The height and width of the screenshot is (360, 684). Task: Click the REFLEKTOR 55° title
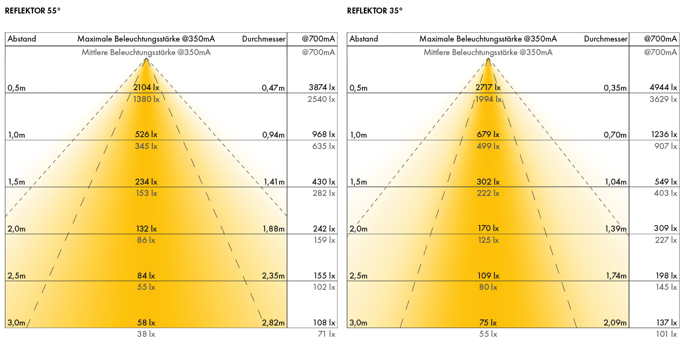(32, 10)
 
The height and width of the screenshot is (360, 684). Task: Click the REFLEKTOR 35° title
(375, 10)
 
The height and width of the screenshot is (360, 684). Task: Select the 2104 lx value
(146, 87)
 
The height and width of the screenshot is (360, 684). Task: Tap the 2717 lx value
(487, 87)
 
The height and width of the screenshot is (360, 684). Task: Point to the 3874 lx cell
(322, 87)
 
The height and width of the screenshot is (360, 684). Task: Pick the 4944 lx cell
(663, 87)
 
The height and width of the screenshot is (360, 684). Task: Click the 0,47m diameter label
(273, 88)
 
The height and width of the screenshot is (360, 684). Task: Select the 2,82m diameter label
(273, 323)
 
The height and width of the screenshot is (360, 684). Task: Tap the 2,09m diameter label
(615, 323)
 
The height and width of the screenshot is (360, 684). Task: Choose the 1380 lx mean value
(146, 99)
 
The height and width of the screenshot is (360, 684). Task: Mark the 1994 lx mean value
(487, 99)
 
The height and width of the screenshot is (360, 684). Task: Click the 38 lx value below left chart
(146, 334)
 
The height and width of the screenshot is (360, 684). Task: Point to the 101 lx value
(666, 334)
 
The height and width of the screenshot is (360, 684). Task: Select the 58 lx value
(146, 323)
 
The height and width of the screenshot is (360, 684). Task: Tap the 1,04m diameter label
(615, 182)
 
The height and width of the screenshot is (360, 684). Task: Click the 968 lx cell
(324, 134)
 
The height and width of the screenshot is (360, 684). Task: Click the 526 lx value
(146, 134)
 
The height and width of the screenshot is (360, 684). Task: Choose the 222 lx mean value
(487, 193)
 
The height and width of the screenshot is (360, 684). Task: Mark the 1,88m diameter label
(273, 229)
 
